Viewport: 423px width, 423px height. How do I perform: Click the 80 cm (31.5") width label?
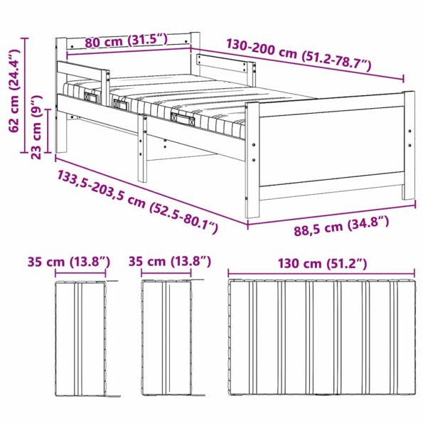125,41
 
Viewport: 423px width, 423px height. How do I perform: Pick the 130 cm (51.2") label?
323,264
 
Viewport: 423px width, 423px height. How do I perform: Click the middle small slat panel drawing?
168,338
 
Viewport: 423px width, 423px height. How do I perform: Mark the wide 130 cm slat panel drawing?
321,338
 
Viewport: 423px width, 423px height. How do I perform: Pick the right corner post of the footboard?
409,146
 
